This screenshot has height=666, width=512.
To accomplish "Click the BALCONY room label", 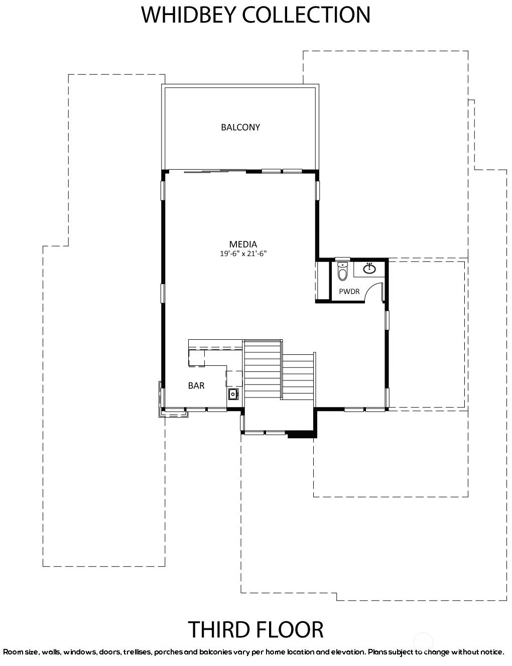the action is point(240,127).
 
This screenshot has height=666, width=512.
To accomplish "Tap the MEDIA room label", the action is point(243,244).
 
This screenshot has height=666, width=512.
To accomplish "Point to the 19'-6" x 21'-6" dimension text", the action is point(243,253).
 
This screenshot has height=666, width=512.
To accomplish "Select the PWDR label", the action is point(349,292).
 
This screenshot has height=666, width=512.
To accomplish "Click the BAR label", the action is point(196,385).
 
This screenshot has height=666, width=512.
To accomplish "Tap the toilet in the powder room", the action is point(342,271).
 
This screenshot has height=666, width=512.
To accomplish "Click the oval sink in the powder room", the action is point(370,269).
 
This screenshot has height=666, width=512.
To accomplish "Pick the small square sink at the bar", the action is point(233,394).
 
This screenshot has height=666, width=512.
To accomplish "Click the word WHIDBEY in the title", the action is point(189,15).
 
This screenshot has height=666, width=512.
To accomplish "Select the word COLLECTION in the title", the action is point(306,15).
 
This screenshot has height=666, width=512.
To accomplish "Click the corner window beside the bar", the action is point(173,413).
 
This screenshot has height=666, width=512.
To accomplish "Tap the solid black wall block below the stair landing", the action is point(302,434).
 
